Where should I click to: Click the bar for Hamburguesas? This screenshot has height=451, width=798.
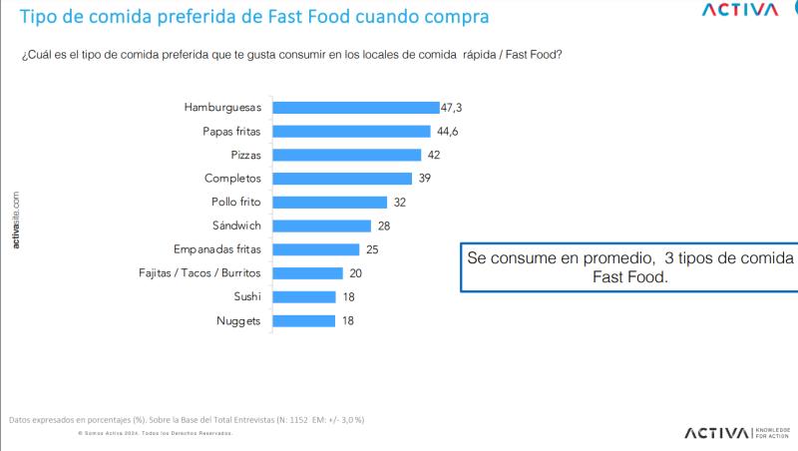point(355,107)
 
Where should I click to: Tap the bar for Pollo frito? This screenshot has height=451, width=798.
point(328,202)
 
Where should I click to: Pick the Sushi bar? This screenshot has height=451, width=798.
point(303,296)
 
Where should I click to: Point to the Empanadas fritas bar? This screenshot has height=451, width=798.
point(315,249)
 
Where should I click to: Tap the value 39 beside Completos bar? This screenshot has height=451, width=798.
point(424,179)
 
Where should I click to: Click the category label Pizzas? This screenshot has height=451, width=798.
point(245,155)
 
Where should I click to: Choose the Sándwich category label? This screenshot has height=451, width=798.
point(236,225)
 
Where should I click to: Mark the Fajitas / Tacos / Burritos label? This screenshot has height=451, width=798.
point(199,273)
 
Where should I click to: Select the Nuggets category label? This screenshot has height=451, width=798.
point(239,321)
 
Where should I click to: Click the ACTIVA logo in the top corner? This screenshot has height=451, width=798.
point(739,11)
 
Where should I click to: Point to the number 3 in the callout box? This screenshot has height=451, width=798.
point(654,257)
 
